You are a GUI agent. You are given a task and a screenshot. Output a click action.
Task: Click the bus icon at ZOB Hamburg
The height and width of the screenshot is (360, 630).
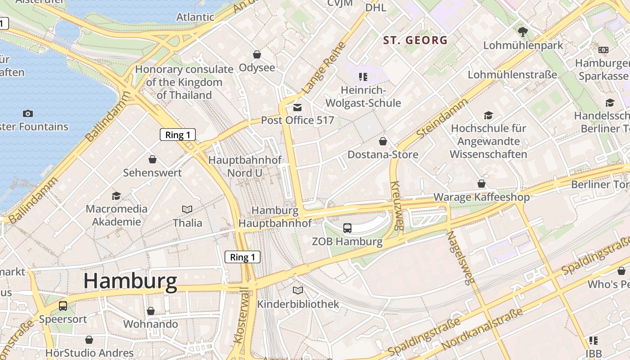click(x=347, y=228)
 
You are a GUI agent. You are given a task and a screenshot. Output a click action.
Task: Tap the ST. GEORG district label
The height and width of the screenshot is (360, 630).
click(x=415, y=40)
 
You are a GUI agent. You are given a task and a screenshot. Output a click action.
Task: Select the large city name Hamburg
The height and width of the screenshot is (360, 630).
click(x=130, y=281)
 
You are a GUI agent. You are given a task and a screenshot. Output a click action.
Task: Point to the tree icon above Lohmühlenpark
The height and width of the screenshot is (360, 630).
click(x=523, y=31)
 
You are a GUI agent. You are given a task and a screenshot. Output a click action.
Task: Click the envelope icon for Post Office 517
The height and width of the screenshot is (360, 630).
click(x=297, y=107)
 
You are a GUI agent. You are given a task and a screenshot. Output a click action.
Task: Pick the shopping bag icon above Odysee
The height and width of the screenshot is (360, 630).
click(x=257, y=54)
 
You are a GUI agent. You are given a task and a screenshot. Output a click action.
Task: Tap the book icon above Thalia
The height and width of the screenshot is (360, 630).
click(x=187, y=209)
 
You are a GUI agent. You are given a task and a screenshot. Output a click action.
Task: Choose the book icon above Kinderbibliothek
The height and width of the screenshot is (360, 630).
click(x=298, y=290)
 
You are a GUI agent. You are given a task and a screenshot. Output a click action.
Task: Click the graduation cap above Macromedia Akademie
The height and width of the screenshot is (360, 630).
click(x=117, y=195)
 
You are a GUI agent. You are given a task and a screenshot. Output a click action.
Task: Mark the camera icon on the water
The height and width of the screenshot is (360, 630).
click(x=28, y=113)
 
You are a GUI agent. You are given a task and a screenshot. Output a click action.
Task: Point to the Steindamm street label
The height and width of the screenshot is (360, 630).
click(x=442, y=118)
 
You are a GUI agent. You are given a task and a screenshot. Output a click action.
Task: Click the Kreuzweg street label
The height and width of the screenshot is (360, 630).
click(x=396, y=205)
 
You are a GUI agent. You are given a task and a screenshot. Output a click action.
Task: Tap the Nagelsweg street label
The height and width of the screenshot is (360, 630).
click(x=460, y=258)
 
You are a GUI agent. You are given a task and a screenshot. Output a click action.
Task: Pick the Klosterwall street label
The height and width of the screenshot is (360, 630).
click(x=242, y=315)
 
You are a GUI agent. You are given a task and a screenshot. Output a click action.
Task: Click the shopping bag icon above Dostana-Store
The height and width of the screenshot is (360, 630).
click(x=383, y=141)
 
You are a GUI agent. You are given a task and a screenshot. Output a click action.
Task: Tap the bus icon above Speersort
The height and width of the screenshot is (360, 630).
click(x=63, y=306)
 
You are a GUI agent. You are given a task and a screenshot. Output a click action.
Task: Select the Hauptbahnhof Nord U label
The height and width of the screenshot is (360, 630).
click(x=245, y=166)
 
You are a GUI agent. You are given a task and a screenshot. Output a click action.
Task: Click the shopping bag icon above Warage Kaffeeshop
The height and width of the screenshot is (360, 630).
click(x=481, y=184)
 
